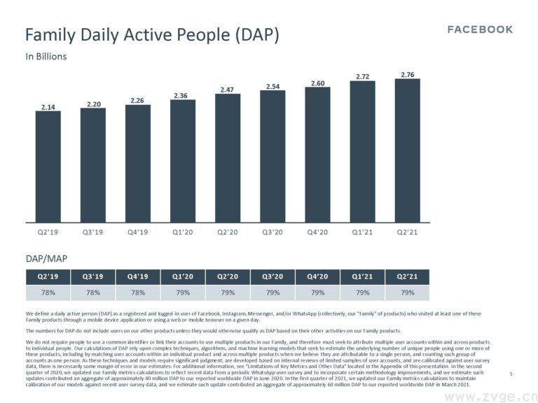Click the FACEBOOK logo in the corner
click(x=480, y=29)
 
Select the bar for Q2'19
click(x=48, y=166)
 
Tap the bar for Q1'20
click(x=182, y=160)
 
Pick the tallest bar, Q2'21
click(x=407, y=150)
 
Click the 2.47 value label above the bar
click(x=227, y=90)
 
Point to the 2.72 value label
click(x=362, y=76)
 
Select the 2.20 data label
click(x=93, y=104)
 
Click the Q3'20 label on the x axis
click(x=272, y=232)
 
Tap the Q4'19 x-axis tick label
click(x=138, y=232)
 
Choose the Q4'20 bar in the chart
click(x=317, y=155)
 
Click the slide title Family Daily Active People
click(x=152, y=35)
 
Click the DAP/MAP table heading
click(x=47, y=259)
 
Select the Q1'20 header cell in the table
click(x=182, y=276)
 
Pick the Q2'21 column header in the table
click(x=407, y=276)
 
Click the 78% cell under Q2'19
click(x=48, y=292)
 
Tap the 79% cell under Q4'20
click(x=317, y=292)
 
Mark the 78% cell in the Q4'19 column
click(x=138, y=292)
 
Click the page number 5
click(x=511, y=374)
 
